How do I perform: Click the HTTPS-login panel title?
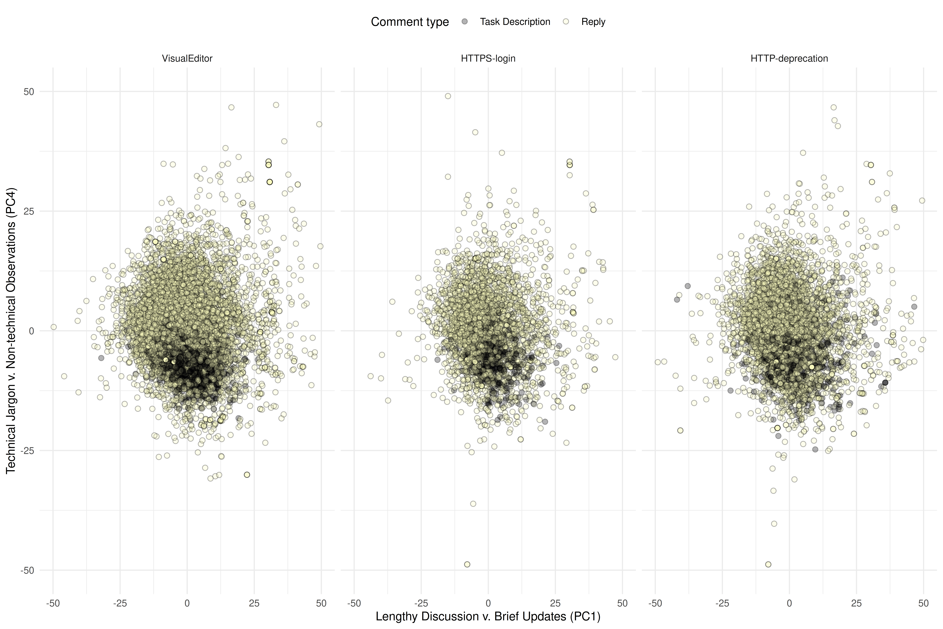tap(488, 59)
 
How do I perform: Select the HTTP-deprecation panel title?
tap(789, 59)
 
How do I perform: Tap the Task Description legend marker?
tap(465, 22)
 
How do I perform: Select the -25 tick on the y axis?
tap(27, 451)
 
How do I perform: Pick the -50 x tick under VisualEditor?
tap(53, 603)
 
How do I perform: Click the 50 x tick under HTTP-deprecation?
tap(923, 603)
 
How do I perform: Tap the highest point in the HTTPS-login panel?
tap(448, 96)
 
